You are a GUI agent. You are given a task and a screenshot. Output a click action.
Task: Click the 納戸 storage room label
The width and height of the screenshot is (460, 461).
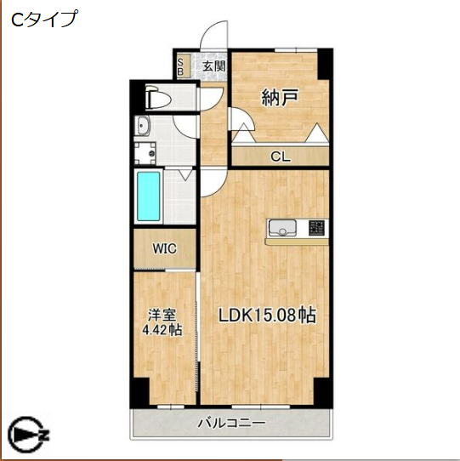279,98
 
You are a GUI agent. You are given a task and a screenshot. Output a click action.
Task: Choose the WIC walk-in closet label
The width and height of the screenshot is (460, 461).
164,249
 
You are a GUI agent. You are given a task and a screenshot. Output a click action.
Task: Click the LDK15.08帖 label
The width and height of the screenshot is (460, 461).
268,315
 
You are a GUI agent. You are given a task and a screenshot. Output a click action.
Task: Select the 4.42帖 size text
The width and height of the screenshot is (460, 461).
162,330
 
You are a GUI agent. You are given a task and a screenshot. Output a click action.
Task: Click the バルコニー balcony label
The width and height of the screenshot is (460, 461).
231,422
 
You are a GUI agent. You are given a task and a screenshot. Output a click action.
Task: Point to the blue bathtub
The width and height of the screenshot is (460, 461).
150,196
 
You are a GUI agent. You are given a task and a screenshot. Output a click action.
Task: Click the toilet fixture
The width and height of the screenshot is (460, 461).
158,98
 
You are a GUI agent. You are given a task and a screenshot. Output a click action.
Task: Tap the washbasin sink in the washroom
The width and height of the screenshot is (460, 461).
143,128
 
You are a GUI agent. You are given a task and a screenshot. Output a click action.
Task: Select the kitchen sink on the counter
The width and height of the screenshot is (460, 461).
282,228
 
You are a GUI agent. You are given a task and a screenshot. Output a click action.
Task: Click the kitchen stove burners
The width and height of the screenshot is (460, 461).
315,227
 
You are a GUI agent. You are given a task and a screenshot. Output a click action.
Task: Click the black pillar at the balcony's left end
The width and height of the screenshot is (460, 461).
137,393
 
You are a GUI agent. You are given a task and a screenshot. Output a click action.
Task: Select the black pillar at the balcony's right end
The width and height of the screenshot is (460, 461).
321,393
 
